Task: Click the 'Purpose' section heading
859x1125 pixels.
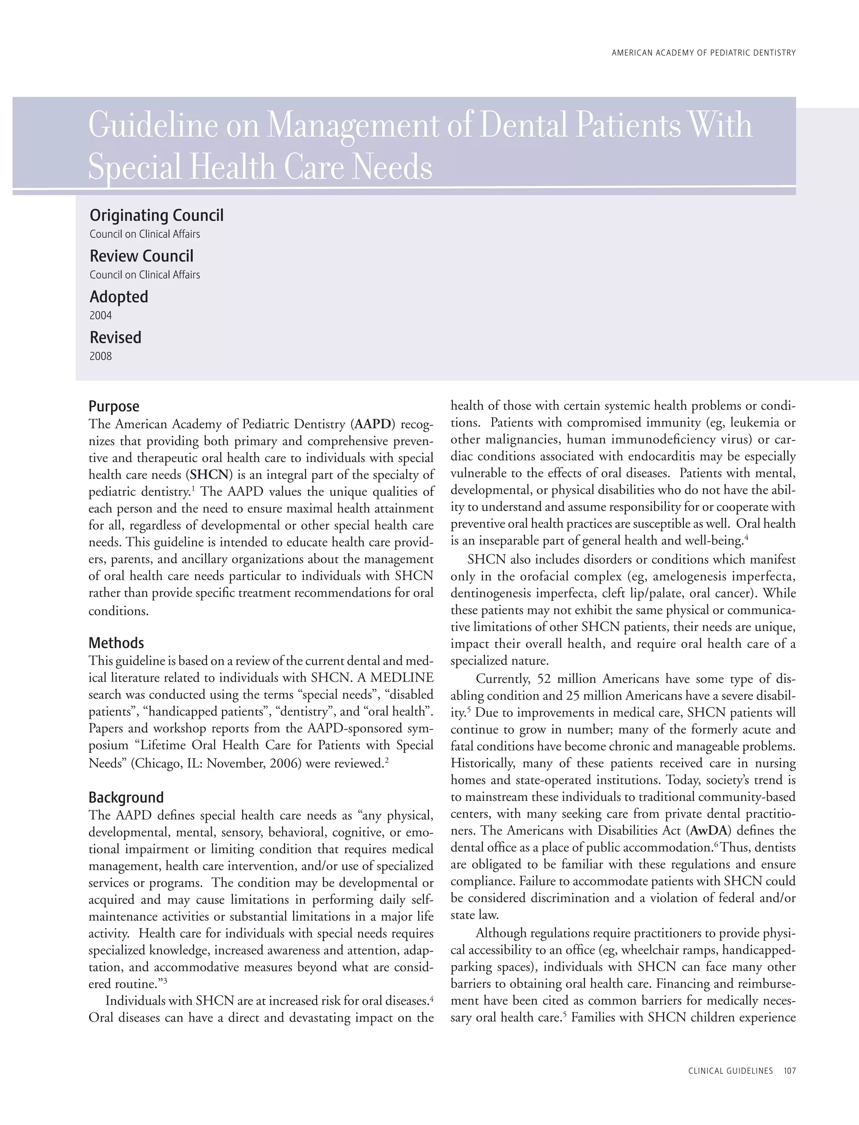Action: pyautogui.click(x=114, y=406)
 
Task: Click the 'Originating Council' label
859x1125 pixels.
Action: pyautogui.click(x=156, y=215)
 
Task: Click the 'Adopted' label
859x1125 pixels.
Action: pyautogui.click(x=119, y=297)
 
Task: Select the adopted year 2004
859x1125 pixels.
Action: pyautogui.click(x=100, y=315)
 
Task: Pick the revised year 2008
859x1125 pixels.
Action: pyautogui.click(x=100, y=356)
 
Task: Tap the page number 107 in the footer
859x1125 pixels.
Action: pyautogui.click(x=789, y=1070)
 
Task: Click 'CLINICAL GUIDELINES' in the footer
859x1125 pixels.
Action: pyautogui.click(x=730, y=1070)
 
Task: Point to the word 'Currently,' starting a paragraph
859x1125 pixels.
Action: pyautogui.click(x=501, y=679)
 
